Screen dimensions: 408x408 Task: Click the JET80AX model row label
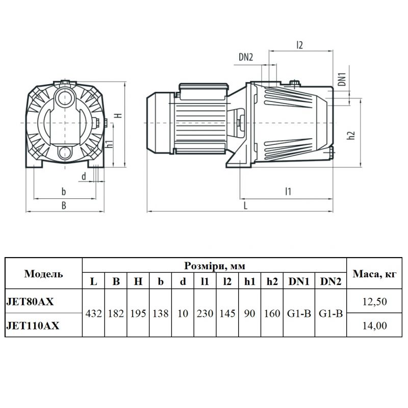point(30,301)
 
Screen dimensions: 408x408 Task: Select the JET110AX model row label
point(33,325)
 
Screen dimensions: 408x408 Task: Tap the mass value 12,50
point(375,301)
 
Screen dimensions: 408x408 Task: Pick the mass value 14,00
point(375,325)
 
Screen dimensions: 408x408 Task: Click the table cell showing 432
point(94,314)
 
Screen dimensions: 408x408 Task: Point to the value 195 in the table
point(138,314)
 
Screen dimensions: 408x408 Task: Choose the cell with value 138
point(161,314)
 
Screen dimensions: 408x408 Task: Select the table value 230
point(205,314)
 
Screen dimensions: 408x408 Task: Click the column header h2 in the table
point(272,282)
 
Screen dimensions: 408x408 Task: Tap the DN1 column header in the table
point(299,282)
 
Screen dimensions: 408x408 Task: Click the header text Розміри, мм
point(215,266)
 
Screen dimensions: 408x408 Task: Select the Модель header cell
point(44,274)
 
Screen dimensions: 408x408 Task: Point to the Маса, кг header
point(374,274)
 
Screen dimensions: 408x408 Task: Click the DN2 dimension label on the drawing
point(246,57)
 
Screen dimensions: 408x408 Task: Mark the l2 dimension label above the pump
point(300,45)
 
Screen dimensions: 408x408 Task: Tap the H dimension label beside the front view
point(119,115)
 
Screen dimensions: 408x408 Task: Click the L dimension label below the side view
point(245,206)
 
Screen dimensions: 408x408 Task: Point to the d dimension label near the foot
point(84,176)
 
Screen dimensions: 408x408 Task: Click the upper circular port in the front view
point(64,98)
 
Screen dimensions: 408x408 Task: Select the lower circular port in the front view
point(65,152)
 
